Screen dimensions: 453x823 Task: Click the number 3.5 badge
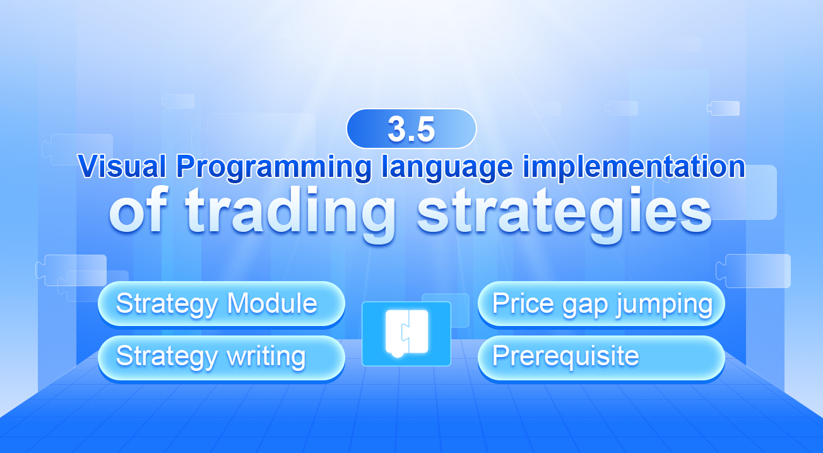[411, 128]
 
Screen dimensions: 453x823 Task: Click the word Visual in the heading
[124, 167]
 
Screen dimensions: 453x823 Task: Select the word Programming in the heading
[274, 167]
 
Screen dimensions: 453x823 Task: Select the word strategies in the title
[564, 212]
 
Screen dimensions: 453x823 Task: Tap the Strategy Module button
[221, 304]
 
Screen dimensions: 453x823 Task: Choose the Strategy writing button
[221, 357]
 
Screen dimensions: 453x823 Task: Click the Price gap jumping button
[601, 304]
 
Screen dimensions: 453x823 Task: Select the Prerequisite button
[601, 357]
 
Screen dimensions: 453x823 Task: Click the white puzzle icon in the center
[406, 332]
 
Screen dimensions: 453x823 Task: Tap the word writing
[266, 357]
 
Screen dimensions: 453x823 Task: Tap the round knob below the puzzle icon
[397, 354]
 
